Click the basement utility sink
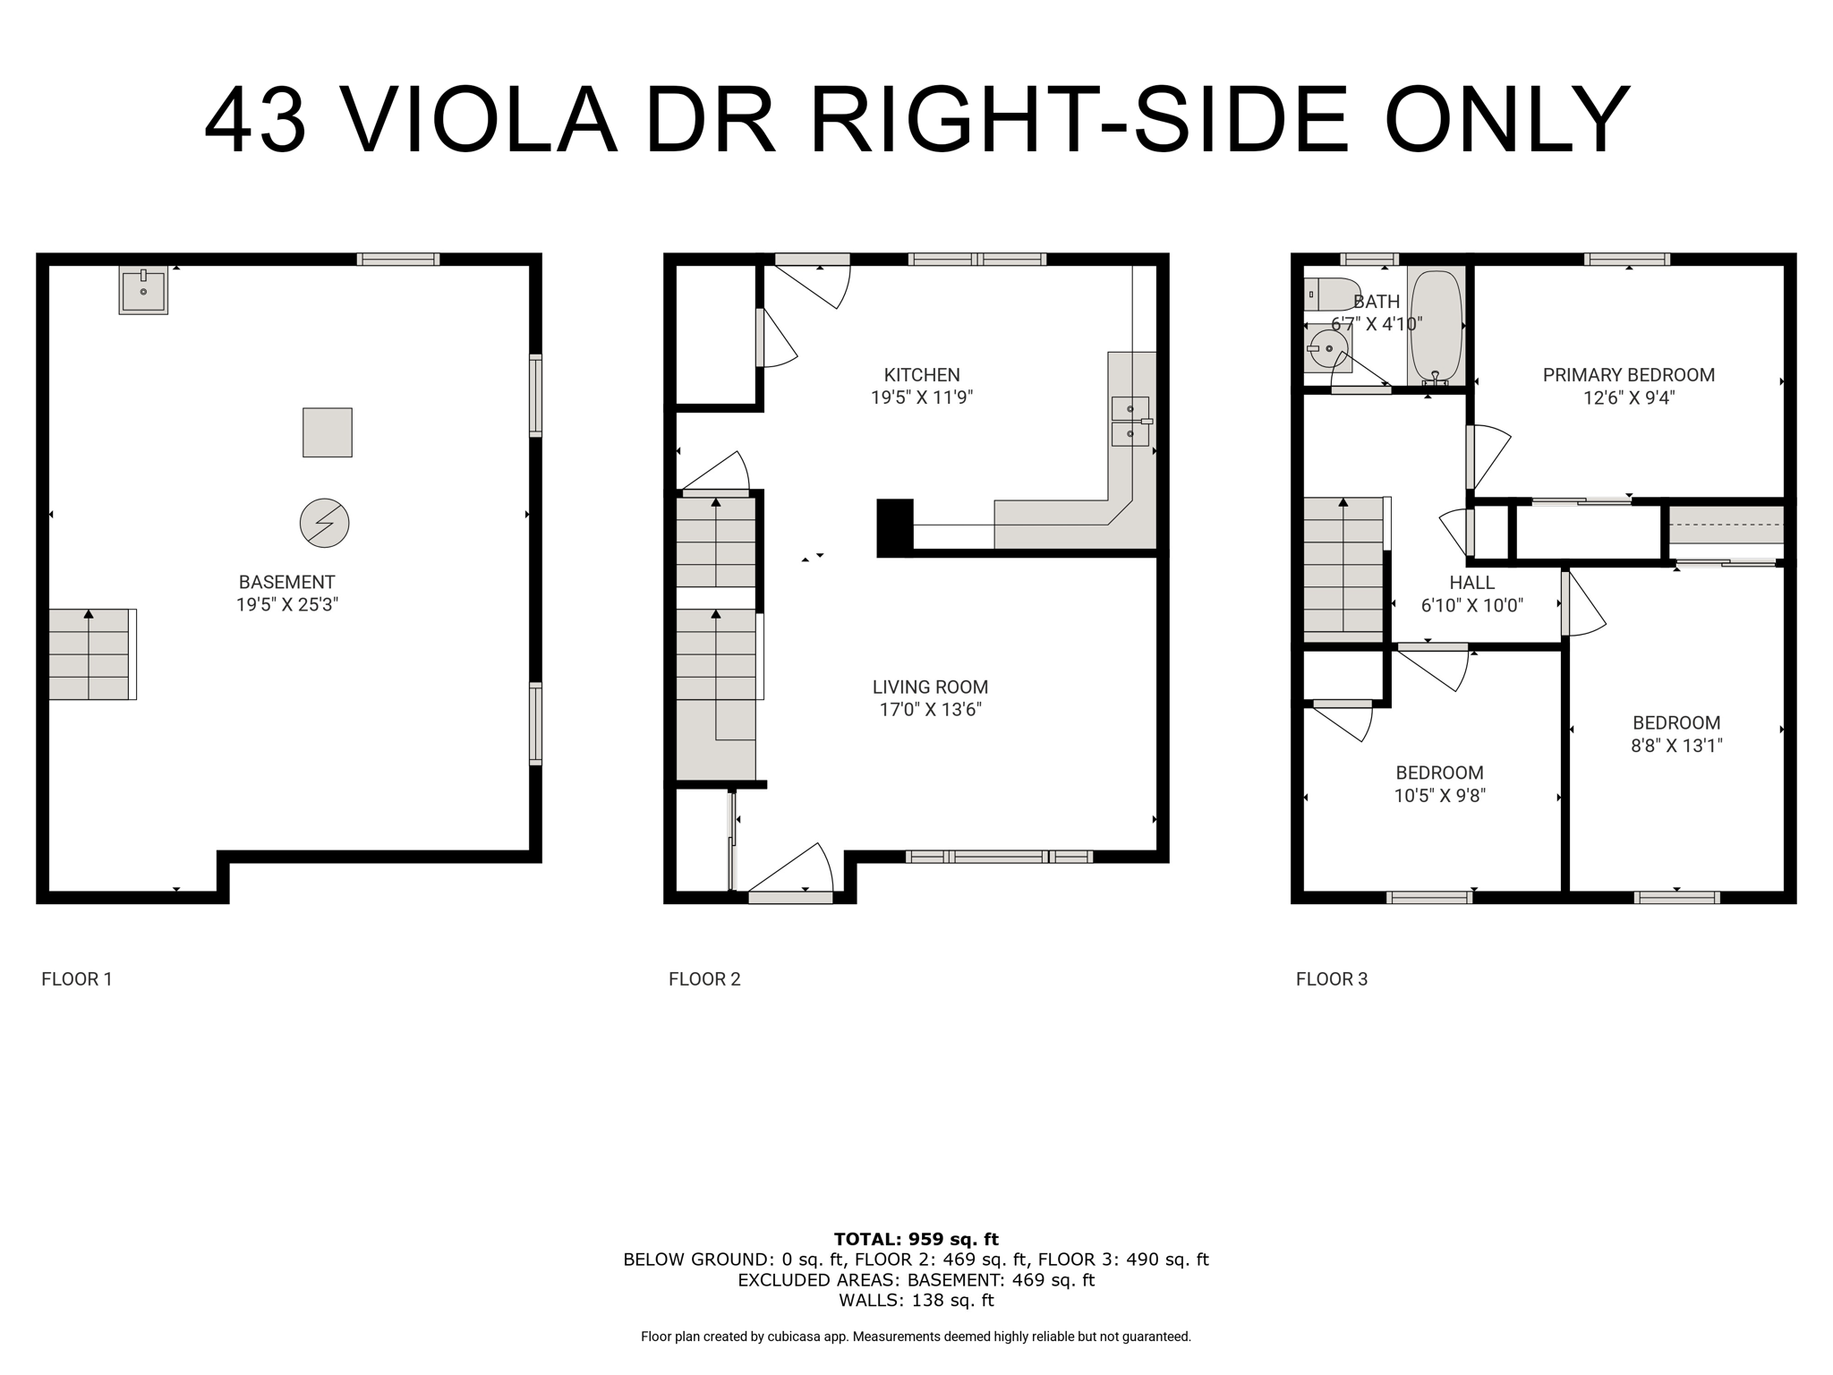pos(143,290)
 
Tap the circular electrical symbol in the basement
pos(324,523)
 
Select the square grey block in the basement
pos(328,432)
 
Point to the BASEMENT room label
pos(287,582)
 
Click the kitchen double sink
pos(1130,422)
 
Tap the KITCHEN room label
pos(922,375)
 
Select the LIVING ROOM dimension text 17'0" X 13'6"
pos(931,710)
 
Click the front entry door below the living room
pos(790,872)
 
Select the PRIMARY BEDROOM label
pos(1629,375)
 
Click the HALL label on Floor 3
pos(1472,583)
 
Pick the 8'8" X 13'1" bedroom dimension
pos(1676,746)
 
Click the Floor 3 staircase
pos(1344,568)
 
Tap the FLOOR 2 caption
pos(704,979)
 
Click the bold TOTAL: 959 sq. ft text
pos(916,1239)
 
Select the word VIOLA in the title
pos(479,121)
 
